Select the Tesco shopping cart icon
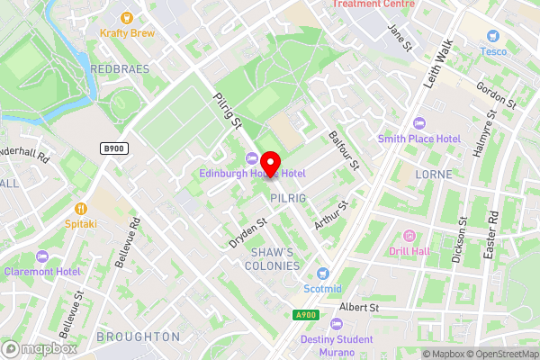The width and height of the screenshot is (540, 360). [492, 35]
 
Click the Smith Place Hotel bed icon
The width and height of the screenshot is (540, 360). [418, 123]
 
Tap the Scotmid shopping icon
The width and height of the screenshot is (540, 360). [323, 273]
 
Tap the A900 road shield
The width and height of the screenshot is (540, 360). [307, 314]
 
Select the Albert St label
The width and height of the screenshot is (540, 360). [360, 307]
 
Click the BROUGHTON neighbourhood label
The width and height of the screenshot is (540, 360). [138, 336]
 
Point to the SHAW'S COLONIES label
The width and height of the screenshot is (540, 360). [274, 259]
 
